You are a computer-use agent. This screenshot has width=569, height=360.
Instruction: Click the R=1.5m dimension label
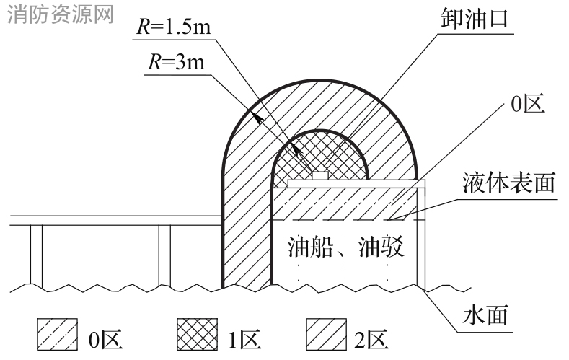tap(174, 27)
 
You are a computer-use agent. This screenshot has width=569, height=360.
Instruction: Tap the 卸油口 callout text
tap(474, 18)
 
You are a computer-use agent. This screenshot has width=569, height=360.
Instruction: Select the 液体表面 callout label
tap(508, 183)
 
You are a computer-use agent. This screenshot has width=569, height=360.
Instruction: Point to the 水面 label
tap(485, 315)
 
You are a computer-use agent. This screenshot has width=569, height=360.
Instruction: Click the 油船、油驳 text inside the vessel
tap(345, 247)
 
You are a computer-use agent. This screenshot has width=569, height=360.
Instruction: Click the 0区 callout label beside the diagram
tap(528, 104)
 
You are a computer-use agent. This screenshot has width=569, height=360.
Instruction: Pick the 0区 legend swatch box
tap(58, 334)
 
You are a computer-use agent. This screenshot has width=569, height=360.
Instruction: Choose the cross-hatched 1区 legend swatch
tap(198, 334)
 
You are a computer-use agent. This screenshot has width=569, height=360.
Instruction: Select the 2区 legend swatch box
tap(326, 334)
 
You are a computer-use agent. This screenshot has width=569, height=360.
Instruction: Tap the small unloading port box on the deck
tap(320, 175)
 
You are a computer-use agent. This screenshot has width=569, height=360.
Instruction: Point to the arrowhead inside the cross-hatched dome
tap(298, 152)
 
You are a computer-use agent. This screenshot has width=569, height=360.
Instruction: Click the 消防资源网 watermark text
tap(61, 14)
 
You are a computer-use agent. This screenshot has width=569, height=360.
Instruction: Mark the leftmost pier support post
tap(36, 256)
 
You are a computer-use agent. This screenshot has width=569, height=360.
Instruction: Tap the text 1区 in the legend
tap(244, 339)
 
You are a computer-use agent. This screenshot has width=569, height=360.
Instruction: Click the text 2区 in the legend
tap(371, 339)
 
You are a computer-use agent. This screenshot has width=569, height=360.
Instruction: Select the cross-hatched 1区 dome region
tap(320, 155)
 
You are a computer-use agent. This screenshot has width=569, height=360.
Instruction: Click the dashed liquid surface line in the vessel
tap(348, 220)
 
